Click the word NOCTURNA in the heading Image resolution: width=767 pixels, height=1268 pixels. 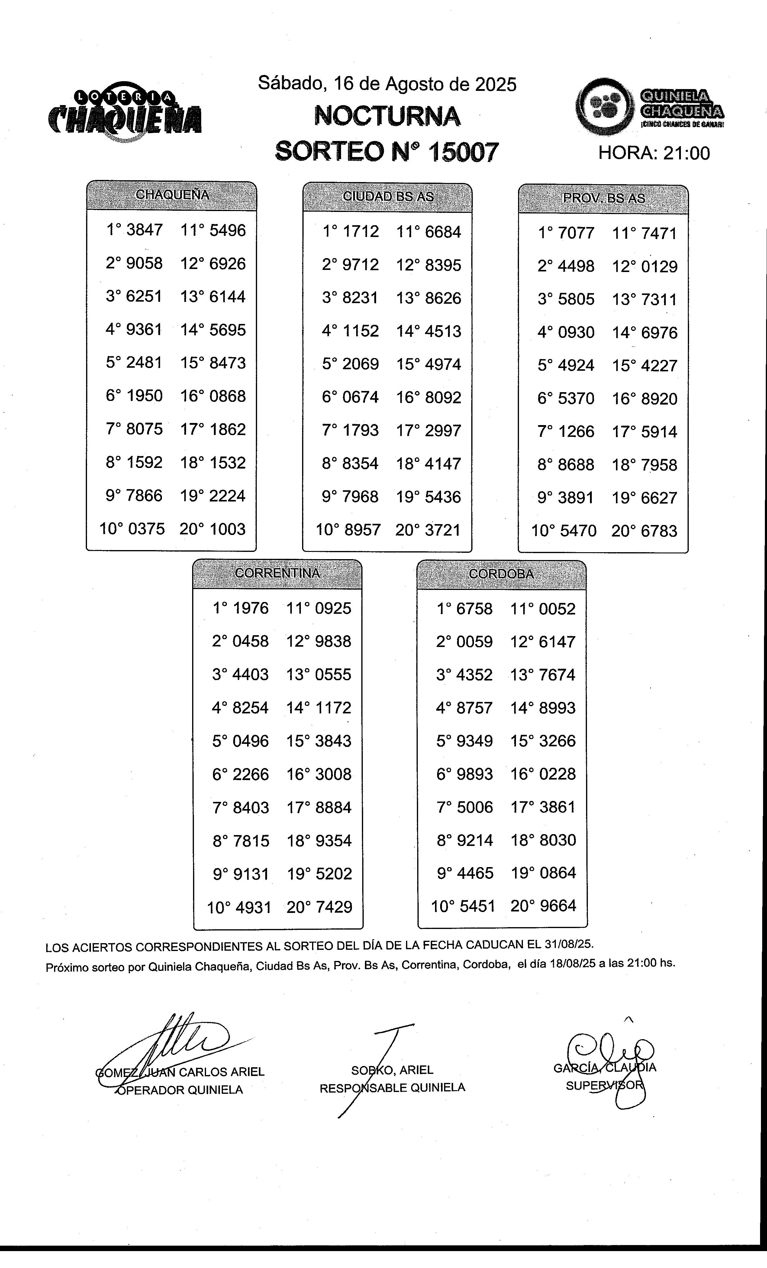[387, 116]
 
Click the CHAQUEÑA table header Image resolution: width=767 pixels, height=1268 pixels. [171, 195]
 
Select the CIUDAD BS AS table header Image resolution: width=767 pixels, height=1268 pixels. [388, 197]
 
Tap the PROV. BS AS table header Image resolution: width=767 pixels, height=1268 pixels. [603, 198]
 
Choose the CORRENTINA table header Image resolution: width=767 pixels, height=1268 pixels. [277, 573]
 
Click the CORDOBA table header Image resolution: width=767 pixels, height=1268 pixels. [501, 574]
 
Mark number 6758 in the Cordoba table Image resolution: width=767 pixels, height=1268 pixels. [475, 609]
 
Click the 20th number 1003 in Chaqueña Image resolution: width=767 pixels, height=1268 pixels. [227, 529]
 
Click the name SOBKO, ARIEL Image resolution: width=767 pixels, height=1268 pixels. [392, 1070]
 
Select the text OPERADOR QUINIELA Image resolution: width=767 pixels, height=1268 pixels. [180, 1090]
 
